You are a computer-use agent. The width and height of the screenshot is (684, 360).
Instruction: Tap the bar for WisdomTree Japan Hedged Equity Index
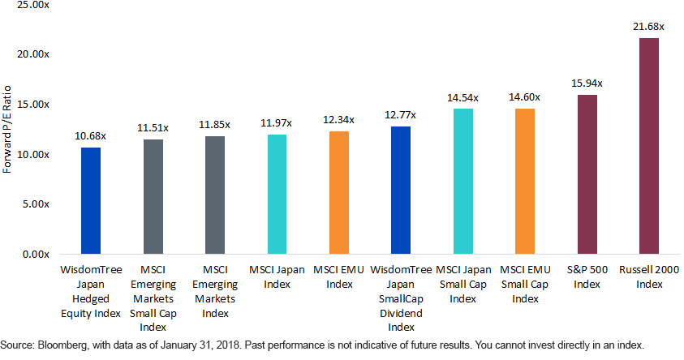point(91,200)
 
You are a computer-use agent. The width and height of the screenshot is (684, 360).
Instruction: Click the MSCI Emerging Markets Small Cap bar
point(153,196)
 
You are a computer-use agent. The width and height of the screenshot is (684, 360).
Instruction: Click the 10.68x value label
point(91,135)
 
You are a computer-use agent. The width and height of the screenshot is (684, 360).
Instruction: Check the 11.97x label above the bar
point(277,122)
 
